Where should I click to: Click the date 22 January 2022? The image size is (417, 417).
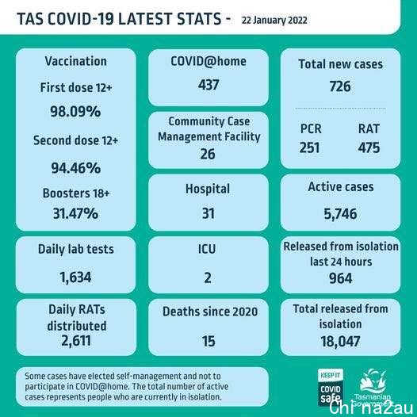[x=274, y=20]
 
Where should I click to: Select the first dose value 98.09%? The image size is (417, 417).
[x=75, y=111]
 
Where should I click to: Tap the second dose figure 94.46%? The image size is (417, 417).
[x=76, y=168]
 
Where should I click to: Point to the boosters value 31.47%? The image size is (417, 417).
[x=75, y=213]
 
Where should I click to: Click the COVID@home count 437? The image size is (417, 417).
[x=208, y=85]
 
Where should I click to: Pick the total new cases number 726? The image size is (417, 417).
[x=340, y=86]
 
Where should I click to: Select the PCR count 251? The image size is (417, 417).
[x=309, y=147]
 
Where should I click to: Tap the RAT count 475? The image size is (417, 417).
[x=369, y=147]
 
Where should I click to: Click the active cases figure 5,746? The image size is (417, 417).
[x=340, y=214]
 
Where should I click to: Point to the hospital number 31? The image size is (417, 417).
[x=208, y=213]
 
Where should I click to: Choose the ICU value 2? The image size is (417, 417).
[x=208, y=277]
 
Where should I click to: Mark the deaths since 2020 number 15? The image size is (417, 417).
[x=208, y=341]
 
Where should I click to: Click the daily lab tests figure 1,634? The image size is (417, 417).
[x=75, y=277]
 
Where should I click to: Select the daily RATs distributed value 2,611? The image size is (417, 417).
[x=76, y=341]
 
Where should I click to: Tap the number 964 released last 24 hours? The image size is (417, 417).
[x=340, y=278]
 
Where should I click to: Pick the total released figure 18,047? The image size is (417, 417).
[x=340, y=342]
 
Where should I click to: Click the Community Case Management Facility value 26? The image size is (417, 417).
[x=208, y=154]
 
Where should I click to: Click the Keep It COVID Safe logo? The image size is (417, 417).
[x=331, y=387]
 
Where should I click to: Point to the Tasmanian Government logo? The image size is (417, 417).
[x=373, y=388]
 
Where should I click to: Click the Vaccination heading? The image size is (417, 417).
[x=76, y=61]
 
